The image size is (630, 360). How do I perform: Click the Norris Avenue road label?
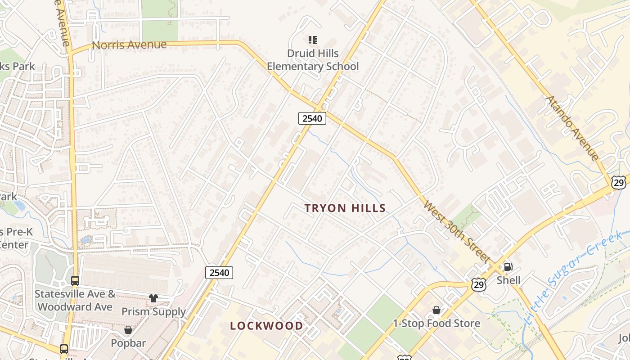coord(129,45)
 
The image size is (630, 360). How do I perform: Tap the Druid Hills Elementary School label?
coord(313,60)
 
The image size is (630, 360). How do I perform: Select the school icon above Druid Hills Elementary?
coord(313,40)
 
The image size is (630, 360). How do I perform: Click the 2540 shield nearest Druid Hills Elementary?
coord(312,118)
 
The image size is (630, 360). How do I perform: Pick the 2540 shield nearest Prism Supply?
coord(219,272)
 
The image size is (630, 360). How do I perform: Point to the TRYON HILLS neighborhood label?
coord(345,208)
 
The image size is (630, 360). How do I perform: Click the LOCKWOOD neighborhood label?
coord(267,326)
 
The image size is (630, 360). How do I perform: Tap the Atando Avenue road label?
coord(572,128)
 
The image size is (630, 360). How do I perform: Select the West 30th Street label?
coord(456,231)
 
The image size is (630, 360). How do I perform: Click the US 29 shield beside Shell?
coord(479,284)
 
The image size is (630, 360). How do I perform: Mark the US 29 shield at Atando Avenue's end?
coord(619,182)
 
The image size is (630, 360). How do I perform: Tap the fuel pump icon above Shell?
coord(508,267)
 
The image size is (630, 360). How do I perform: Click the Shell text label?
coord(508,280)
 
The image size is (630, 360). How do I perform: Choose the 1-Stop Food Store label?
coord(436,323)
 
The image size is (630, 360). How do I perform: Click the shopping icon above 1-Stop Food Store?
coord(436,310)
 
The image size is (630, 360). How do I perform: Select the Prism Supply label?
coord(153,311)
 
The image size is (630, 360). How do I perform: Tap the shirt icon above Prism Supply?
coord(153,298)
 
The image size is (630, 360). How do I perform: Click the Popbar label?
coord(128,343)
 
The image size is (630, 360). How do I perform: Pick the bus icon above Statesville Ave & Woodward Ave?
coord(75,281)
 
